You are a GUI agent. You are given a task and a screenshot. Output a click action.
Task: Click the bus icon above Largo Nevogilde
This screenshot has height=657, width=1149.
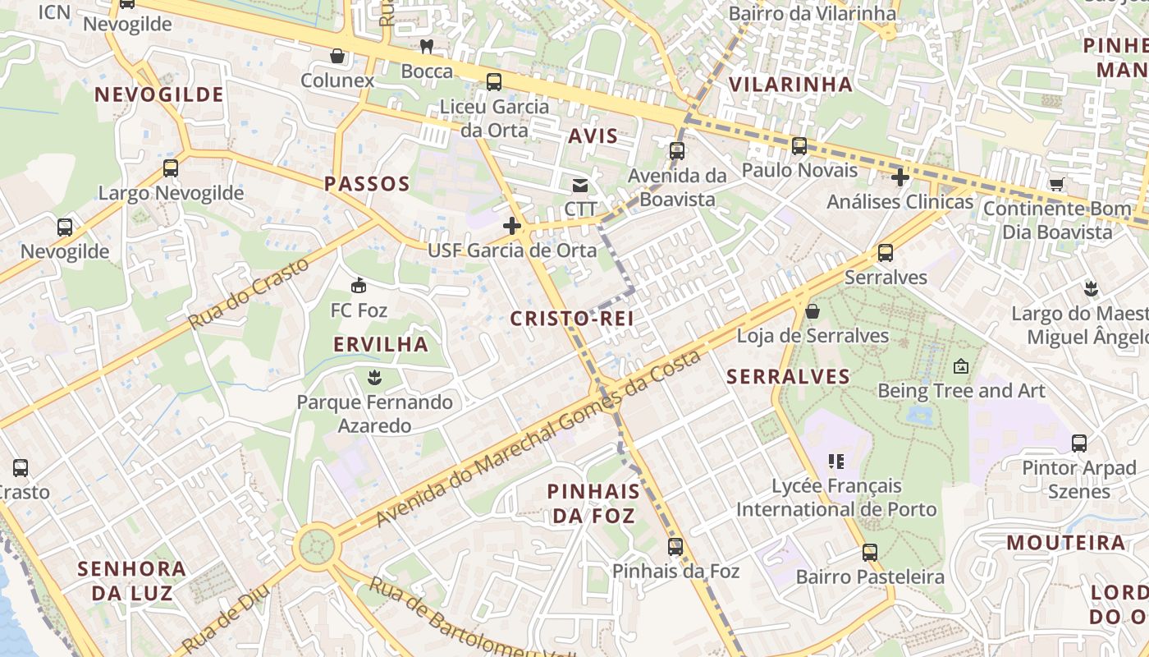[171, 168]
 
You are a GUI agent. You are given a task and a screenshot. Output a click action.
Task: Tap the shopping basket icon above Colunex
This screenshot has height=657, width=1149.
[336, 56]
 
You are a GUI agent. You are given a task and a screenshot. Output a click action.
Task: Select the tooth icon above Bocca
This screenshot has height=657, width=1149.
[426, 46]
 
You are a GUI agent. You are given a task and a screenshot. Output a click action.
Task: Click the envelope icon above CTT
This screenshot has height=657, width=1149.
[580, 186]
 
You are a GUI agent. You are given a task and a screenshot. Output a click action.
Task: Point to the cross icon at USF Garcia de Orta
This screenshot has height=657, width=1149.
[512, 225]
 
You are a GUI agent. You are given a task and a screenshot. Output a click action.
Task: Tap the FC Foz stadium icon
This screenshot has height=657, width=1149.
[359, 286]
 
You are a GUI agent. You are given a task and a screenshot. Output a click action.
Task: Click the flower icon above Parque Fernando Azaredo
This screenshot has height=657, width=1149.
[374, 378]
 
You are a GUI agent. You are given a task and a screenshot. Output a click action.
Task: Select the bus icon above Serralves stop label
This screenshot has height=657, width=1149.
[885, 252]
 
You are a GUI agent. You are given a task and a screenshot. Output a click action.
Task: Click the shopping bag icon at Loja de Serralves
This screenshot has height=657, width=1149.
[812, 311]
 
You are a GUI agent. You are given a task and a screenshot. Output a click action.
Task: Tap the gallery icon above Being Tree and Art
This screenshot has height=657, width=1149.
[961, 366]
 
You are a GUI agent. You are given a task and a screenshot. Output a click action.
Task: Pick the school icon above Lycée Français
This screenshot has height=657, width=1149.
[836, 462]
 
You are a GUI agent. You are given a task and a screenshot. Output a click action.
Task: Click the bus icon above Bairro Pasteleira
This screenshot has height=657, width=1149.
[870, 552]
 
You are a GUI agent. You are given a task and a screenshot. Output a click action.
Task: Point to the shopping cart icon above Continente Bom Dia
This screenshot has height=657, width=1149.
[1056, 184]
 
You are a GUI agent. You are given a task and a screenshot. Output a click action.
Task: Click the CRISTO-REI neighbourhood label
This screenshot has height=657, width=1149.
[572, 319]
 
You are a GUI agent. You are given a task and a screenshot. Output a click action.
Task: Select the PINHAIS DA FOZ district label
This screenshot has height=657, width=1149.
[593, 503]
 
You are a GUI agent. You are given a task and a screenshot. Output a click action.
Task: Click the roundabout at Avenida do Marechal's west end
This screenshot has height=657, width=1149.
[315, 545]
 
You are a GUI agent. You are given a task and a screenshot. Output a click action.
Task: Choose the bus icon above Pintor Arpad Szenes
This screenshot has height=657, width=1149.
[1078, 443]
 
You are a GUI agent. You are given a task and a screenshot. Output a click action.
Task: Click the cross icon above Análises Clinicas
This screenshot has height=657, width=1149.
[900, 177]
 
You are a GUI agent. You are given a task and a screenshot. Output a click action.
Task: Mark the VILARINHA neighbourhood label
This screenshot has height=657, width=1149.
[791, 84]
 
